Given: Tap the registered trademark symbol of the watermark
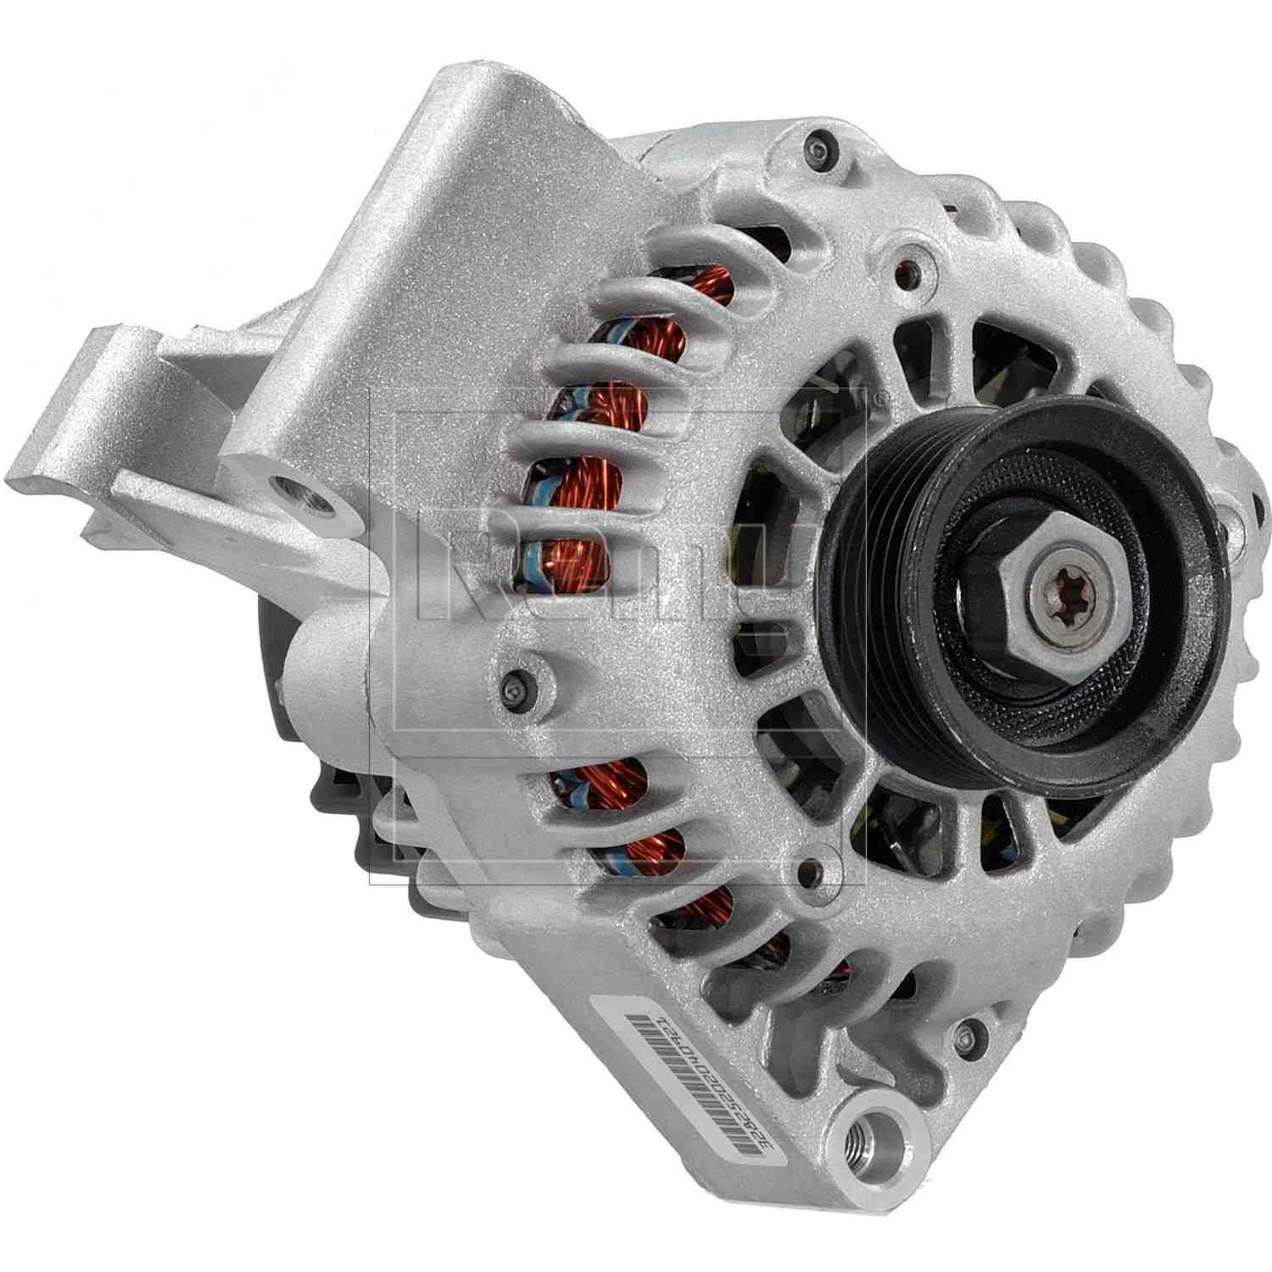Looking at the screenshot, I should point(882,396).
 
